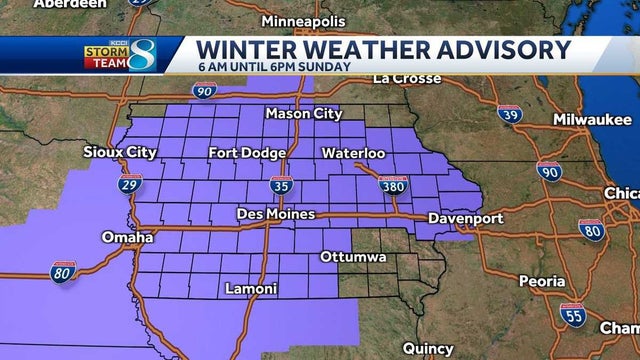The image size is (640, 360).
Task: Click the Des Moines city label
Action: point(275,214)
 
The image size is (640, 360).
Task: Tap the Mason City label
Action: point(303,114)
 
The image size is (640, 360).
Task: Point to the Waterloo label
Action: point(353,153)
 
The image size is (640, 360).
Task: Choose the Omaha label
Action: point(127,237)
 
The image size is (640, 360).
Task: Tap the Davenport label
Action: point(465,217)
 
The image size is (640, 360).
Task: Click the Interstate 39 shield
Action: point(510,115)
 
